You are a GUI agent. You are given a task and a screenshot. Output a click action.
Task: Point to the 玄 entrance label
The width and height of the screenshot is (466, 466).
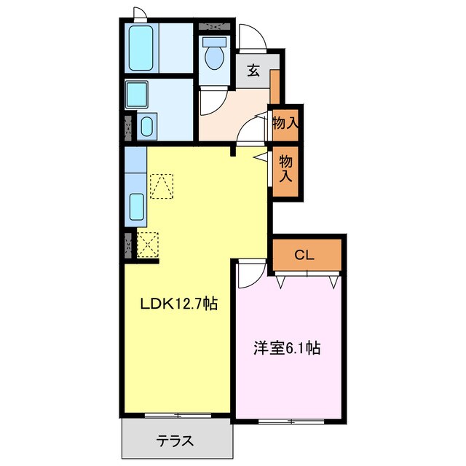(253, 71)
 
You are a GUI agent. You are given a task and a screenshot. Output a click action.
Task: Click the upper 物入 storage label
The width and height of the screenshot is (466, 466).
(285, 124)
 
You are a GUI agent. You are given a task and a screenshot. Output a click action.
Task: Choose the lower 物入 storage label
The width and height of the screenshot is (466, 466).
(285, 170)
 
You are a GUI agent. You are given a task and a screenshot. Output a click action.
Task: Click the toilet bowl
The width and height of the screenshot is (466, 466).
(214, 55)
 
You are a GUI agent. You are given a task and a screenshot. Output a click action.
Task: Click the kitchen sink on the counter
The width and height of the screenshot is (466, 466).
(136, 208)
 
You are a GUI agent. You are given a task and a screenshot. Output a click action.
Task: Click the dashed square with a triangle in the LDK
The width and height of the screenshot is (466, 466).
(162, 186)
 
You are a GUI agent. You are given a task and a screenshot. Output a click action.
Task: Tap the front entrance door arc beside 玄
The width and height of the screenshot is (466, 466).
(249, 36)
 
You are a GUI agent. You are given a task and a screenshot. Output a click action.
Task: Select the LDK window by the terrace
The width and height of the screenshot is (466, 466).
(178, 415)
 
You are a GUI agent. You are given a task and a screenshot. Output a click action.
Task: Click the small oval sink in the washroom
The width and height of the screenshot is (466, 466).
(144, 128)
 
